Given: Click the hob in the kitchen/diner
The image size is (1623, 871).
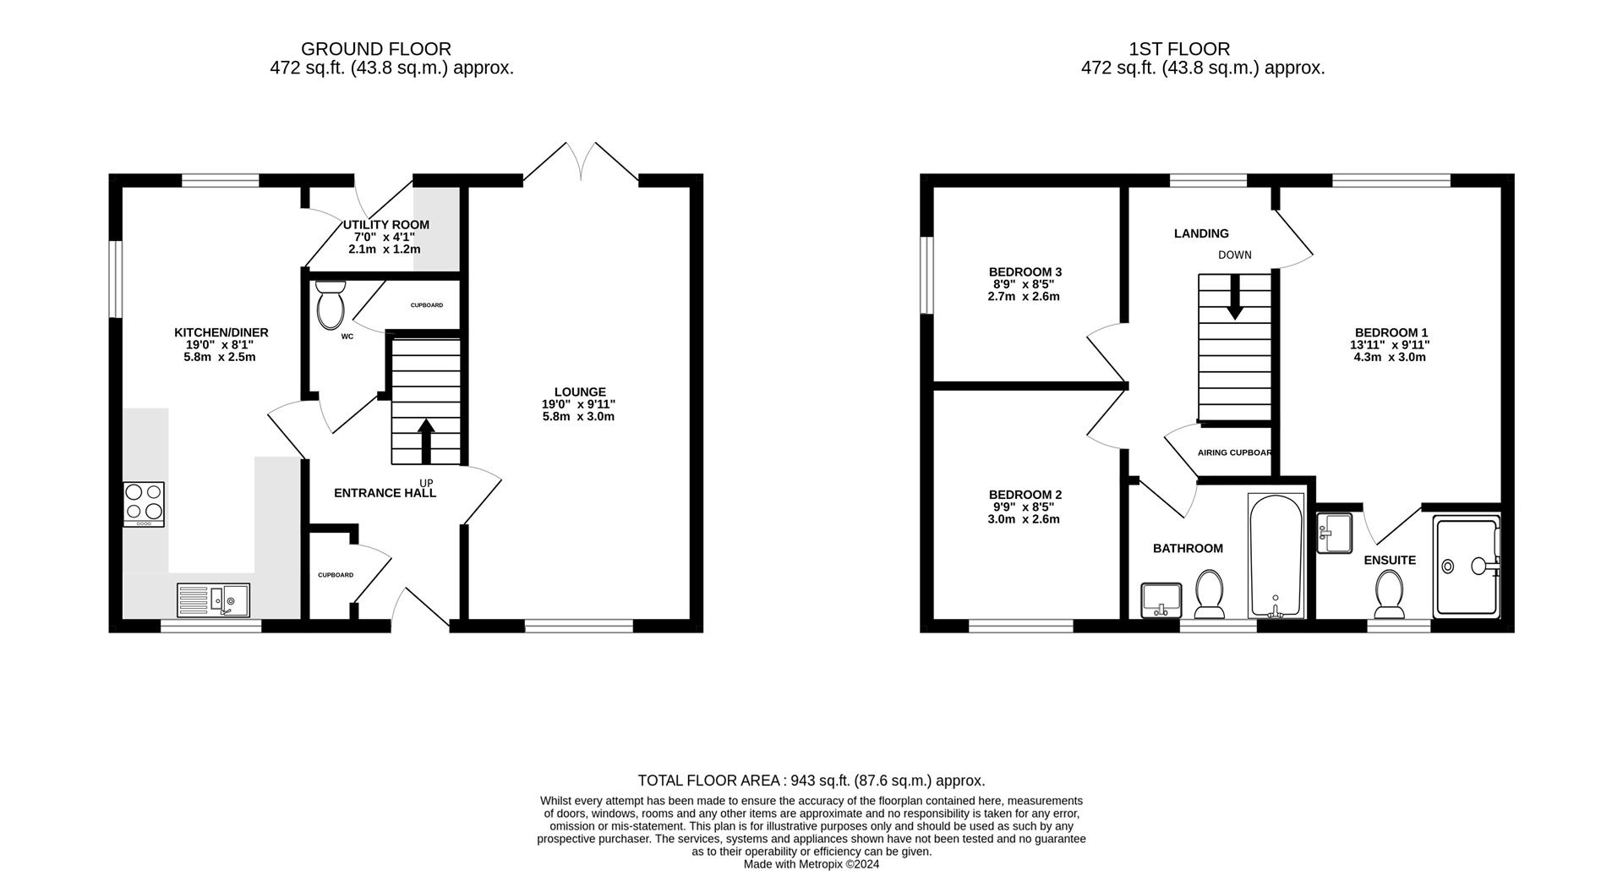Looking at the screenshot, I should [x=144, y=504].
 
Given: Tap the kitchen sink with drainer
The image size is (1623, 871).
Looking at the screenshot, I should [x=213, y=600].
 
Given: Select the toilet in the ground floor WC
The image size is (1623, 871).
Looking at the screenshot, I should [x=330, y=306].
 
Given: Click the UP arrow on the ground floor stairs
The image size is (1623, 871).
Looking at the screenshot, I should [x=426, y=440].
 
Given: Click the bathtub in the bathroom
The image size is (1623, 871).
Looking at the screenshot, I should [x=1276, y=556].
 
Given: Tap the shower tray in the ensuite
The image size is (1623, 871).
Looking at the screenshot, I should [x=1467, y=567].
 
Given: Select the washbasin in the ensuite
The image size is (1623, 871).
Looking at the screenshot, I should [x=1334, y=534].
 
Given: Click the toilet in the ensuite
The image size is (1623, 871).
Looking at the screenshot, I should [x=1389, y=594].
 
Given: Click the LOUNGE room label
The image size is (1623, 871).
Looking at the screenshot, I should [x=580, y=392].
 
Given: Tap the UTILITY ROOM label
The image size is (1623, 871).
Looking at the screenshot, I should [x=385, y=225].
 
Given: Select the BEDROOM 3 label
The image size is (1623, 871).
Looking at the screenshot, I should [x=1025, y=271].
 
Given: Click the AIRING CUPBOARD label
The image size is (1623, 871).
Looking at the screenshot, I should [x=1234, y=452].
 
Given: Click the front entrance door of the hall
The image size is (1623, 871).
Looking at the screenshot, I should [x=420, y=609].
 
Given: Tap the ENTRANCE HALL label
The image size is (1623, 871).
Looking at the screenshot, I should [x=385, y=493].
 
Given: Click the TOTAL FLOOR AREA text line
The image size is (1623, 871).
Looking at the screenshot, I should [x=811, y=781].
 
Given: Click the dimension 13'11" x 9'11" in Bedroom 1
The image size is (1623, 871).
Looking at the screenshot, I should [x=1390, y=345].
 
